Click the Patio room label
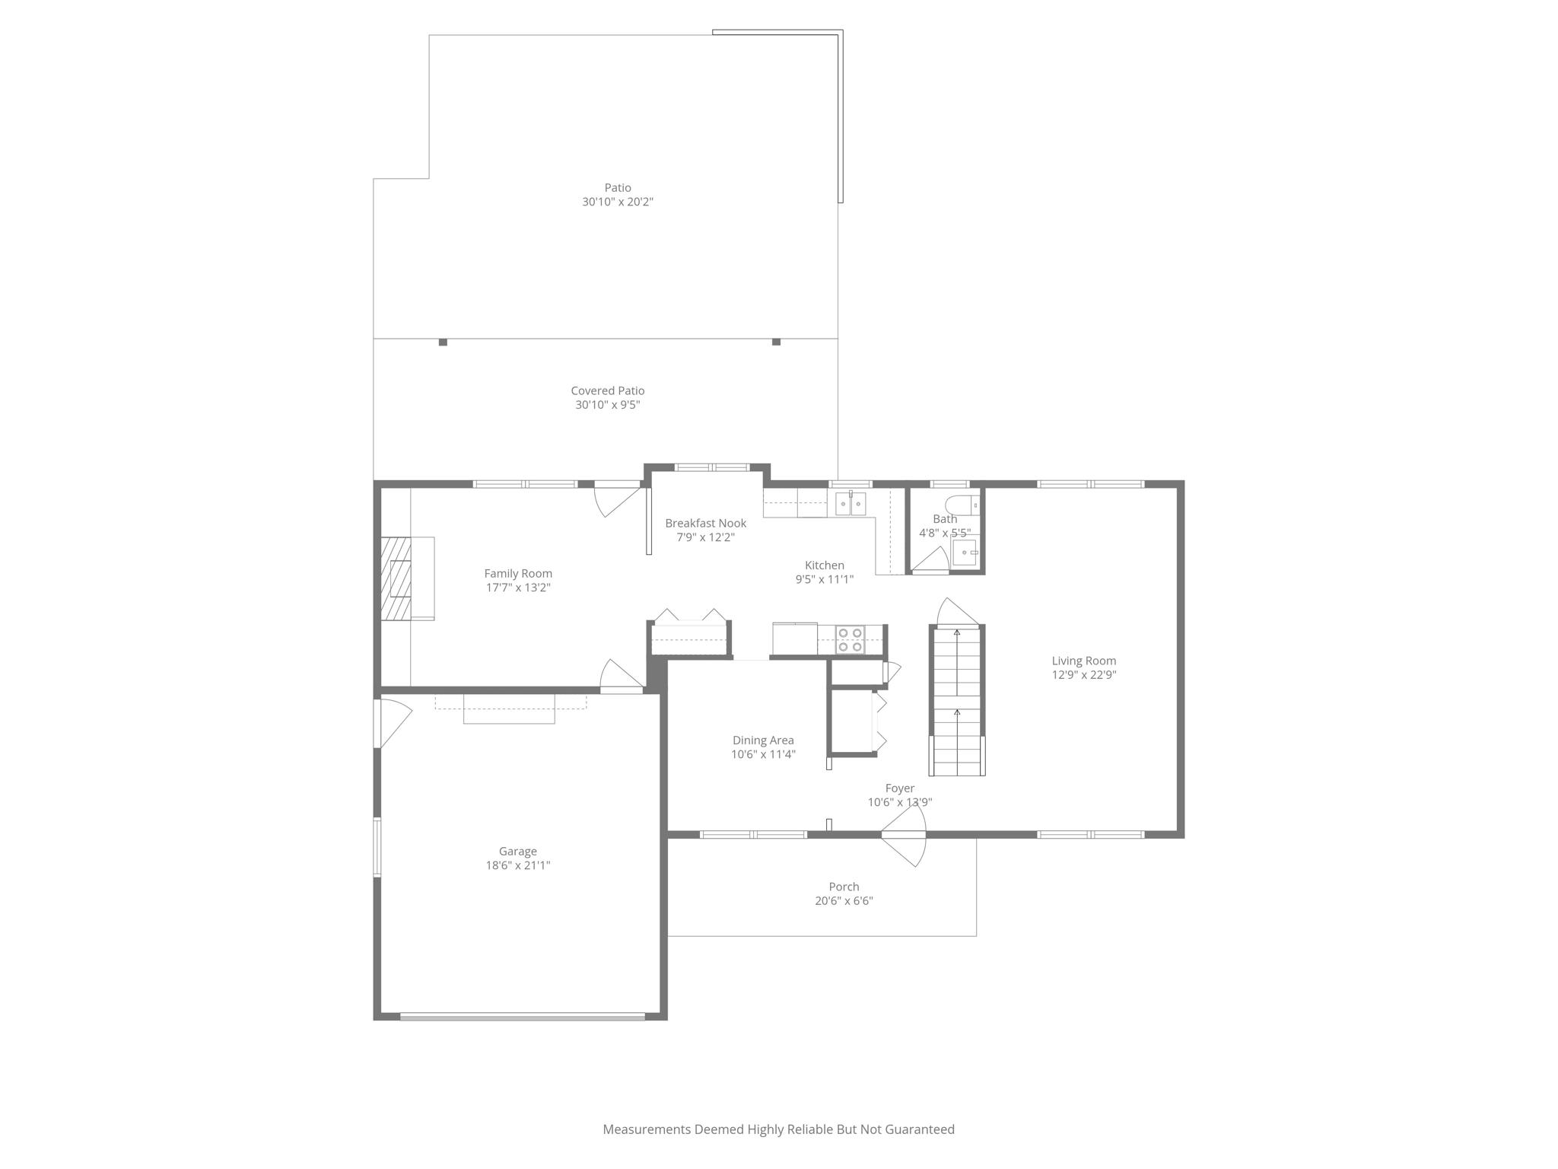tap(618, 188)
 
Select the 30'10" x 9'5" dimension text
tap(607, 405)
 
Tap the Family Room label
tap(518, 574)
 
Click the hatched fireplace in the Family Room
tap(396, 578)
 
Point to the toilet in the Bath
tap(962, 505)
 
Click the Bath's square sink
tap(965, 553)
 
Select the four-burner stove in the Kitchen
tap(850, 639)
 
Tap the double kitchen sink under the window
tap(851, 504)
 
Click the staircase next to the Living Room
tap(957, 700)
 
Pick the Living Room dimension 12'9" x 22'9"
tap(1083, 675)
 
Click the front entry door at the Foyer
tap(904, 836)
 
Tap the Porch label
tap(844, 887)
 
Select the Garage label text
tap(518, 852)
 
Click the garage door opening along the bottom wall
tap(523, 1016)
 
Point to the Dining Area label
tap(763, 741)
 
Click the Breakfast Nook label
tap(705, 524)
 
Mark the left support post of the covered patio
tap(443, 342)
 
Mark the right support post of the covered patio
tap(776, 342)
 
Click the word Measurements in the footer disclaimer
tap(646, 1129)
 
